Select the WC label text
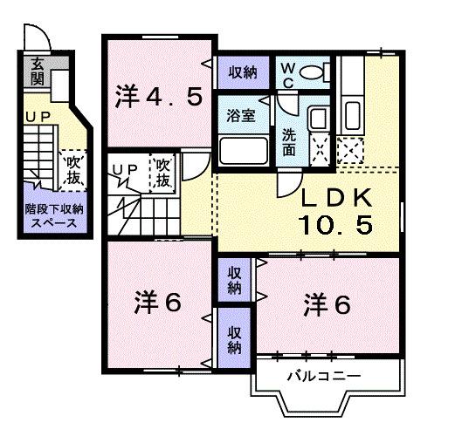287,72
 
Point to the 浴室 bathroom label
242,116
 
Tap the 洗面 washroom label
288,142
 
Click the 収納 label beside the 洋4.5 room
244,72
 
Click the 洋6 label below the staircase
158,303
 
